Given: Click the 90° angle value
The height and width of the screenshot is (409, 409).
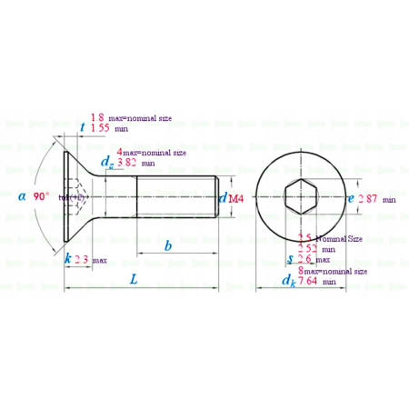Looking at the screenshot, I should pyautogui.click(x=41, y=196).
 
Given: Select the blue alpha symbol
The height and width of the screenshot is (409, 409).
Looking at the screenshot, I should pyautogui.click(x=22, y=196).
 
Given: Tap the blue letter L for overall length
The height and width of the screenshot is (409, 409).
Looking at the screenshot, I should pyautogui.click(x=134, y=281).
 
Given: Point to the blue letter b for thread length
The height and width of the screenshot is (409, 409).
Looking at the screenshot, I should pyautogui.click(x=168, y=245).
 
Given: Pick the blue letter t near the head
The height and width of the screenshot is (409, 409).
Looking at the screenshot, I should pyautogui.click(x=83, y=128).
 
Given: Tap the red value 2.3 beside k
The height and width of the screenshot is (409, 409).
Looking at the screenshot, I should pyautogui.click(x=83, y=259).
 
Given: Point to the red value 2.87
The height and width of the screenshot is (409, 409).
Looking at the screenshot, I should pyautogui.click(x=367, y=198).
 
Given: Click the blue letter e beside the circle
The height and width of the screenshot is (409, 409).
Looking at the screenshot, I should pyautogui.click(x=351, y=197).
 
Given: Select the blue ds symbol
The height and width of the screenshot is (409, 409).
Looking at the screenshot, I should pyautogui.click(x=109, y=163).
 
